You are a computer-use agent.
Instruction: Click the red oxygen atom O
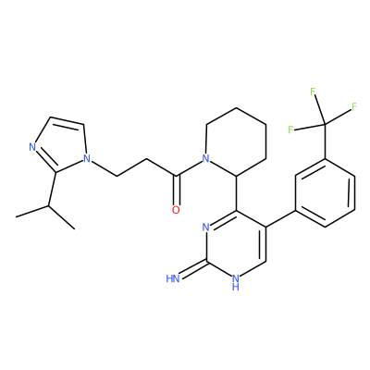176,210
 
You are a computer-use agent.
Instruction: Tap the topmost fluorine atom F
313,92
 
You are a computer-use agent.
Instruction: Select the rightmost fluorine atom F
354,106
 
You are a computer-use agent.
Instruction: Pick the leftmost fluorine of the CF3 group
290,129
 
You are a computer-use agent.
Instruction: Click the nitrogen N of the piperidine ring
205,159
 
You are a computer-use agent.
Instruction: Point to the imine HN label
173,278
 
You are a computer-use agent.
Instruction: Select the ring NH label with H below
236,282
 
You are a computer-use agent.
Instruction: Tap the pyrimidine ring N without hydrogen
205,228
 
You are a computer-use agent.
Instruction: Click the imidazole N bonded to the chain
88,159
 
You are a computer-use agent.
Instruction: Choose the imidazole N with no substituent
32,147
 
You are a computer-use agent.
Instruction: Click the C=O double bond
176,191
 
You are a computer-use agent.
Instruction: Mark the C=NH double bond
193,269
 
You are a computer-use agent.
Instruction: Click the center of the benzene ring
325,193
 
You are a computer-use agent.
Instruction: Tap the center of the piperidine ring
236,142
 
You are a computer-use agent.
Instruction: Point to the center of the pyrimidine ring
236,245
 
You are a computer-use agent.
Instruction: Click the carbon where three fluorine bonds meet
325,124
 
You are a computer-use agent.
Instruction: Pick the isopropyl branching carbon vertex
48,205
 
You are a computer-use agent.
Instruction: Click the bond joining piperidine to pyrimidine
236,193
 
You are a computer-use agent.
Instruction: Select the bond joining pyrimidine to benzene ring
281,219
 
